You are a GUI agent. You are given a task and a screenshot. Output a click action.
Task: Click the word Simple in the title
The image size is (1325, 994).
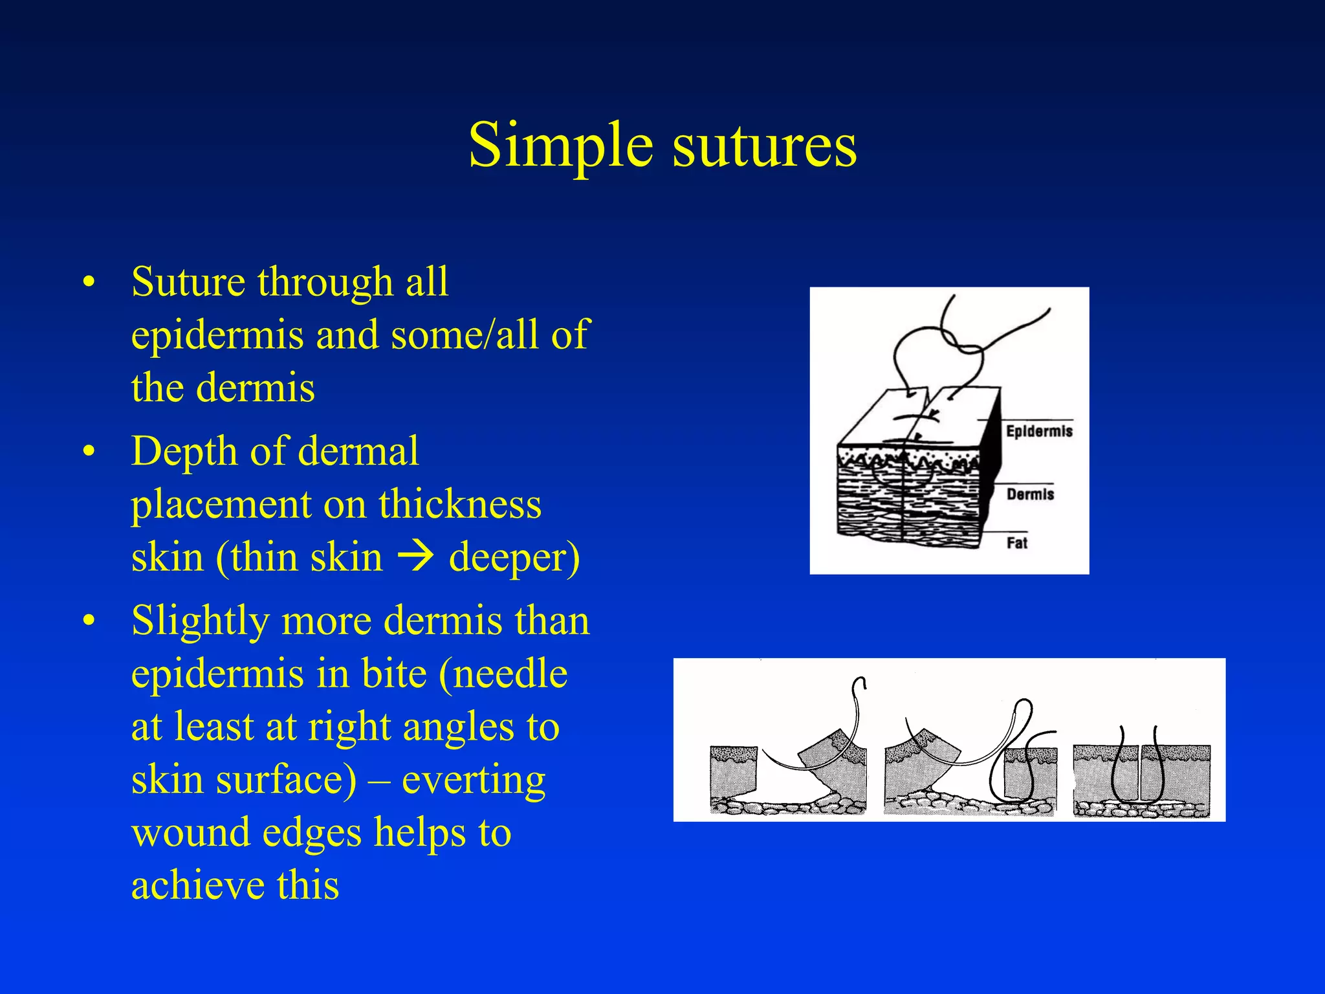tap(560, 146)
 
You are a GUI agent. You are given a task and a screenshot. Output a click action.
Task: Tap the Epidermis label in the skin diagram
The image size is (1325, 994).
tap(1039, 432)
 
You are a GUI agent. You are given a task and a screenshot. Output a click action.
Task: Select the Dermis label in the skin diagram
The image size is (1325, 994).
tap(1030, 494)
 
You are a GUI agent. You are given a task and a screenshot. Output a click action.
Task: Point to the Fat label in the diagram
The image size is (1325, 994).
tap(1016, 543)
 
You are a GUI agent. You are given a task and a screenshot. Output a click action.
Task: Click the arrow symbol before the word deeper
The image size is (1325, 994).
tap(415, 557)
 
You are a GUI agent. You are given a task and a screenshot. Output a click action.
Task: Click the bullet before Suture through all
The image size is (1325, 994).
tap(89, 283)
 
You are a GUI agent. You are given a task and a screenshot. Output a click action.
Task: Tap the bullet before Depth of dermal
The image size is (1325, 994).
tap(89, 451)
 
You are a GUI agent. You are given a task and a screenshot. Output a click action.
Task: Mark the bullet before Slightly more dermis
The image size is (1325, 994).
tap(89, 621)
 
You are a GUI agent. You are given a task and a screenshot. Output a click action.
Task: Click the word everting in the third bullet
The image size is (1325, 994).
tap(474, 780)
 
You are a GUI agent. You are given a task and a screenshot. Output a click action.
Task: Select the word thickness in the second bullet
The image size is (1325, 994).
tap(460, 504)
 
